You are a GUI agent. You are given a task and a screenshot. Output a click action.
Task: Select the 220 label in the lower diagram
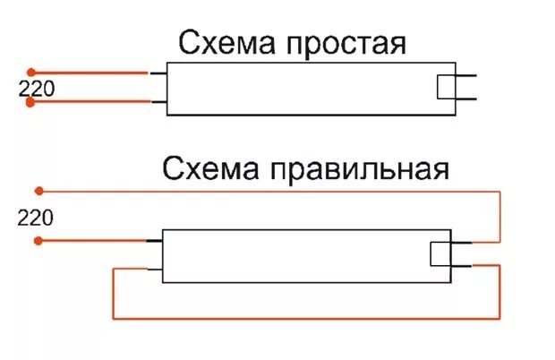point(35,217)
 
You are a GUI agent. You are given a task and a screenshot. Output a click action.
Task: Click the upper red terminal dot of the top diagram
point(30,72)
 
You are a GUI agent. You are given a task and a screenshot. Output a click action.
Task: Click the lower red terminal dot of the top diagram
point(30,103)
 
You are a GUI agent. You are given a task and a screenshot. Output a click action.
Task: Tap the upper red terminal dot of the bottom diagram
point(38,190)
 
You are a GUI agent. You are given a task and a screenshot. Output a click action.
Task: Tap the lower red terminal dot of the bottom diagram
point(38,241)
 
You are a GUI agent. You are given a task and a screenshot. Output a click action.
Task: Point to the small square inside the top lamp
point(445,88)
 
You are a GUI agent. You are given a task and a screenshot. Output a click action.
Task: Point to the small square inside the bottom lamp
point(440,253)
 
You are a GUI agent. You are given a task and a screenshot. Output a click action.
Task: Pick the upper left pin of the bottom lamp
point(153,240)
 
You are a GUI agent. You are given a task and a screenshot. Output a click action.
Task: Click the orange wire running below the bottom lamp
point(304,319)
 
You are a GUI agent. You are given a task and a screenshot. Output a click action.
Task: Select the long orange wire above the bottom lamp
point(269,190)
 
